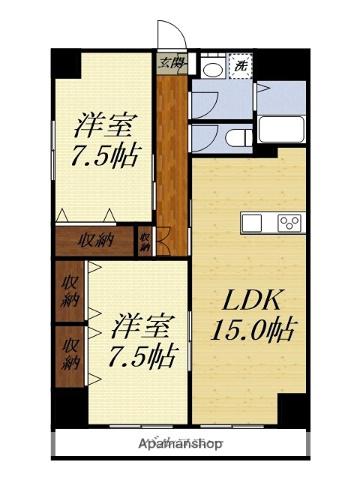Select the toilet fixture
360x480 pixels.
click(238, 138)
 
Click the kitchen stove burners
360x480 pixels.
click(290, 222)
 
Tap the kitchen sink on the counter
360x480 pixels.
click(252, 222)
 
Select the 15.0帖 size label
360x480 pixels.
click(252, 330)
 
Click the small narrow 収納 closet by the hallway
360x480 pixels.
click(146, 240)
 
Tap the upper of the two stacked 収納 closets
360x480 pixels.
click(71, 290)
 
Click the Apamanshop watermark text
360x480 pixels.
click(181, 443)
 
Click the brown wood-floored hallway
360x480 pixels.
click(172, 150)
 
